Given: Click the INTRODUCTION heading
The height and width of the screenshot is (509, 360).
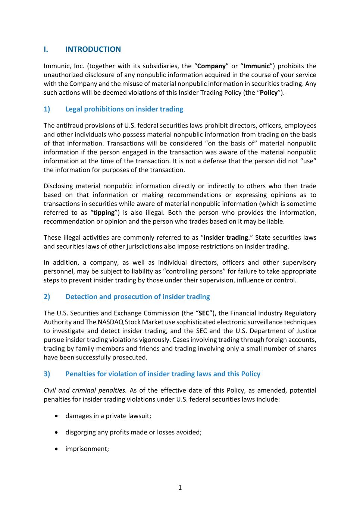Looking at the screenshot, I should point(93,49).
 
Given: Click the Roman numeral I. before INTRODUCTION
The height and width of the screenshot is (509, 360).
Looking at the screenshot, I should point(46,49).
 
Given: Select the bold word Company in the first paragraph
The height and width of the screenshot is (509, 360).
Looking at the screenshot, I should point(211,66).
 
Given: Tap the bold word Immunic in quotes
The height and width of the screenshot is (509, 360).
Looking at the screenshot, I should point(256,66).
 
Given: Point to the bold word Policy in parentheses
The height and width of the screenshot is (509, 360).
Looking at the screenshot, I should point(269,92).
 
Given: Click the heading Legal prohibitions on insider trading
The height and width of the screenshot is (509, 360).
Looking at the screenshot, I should point(124,109).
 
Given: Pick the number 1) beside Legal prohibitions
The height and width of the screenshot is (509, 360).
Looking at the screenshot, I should point(47,109).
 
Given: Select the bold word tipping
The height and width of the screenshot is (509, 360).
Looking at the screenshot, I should point(104,213).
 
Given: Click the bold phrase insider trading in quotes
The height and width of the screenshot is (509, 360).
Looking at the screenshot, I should point(226,238).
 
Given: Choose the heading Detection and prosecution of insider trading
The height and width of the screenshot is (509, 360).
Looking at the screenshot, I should point(137,296).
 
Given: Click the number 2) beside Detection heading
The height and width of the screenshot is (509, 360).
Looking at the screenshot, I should point(47,296).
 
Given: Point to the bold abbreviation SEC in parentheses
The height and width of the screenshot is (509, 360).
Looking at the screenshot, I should point(204,313).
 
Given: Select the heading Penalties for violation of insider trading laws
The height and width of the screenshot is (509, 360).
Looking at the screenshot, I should point(163,374).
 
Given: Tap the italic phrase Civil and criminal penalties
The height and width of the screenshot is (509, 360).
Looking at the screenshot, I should point(85,390).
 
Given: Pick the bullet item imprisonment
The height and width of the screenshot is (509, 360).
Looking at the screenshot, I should point(87,449).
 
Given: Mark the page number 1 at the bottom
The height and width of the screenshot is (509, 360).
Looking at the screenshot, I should point(180,487).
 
